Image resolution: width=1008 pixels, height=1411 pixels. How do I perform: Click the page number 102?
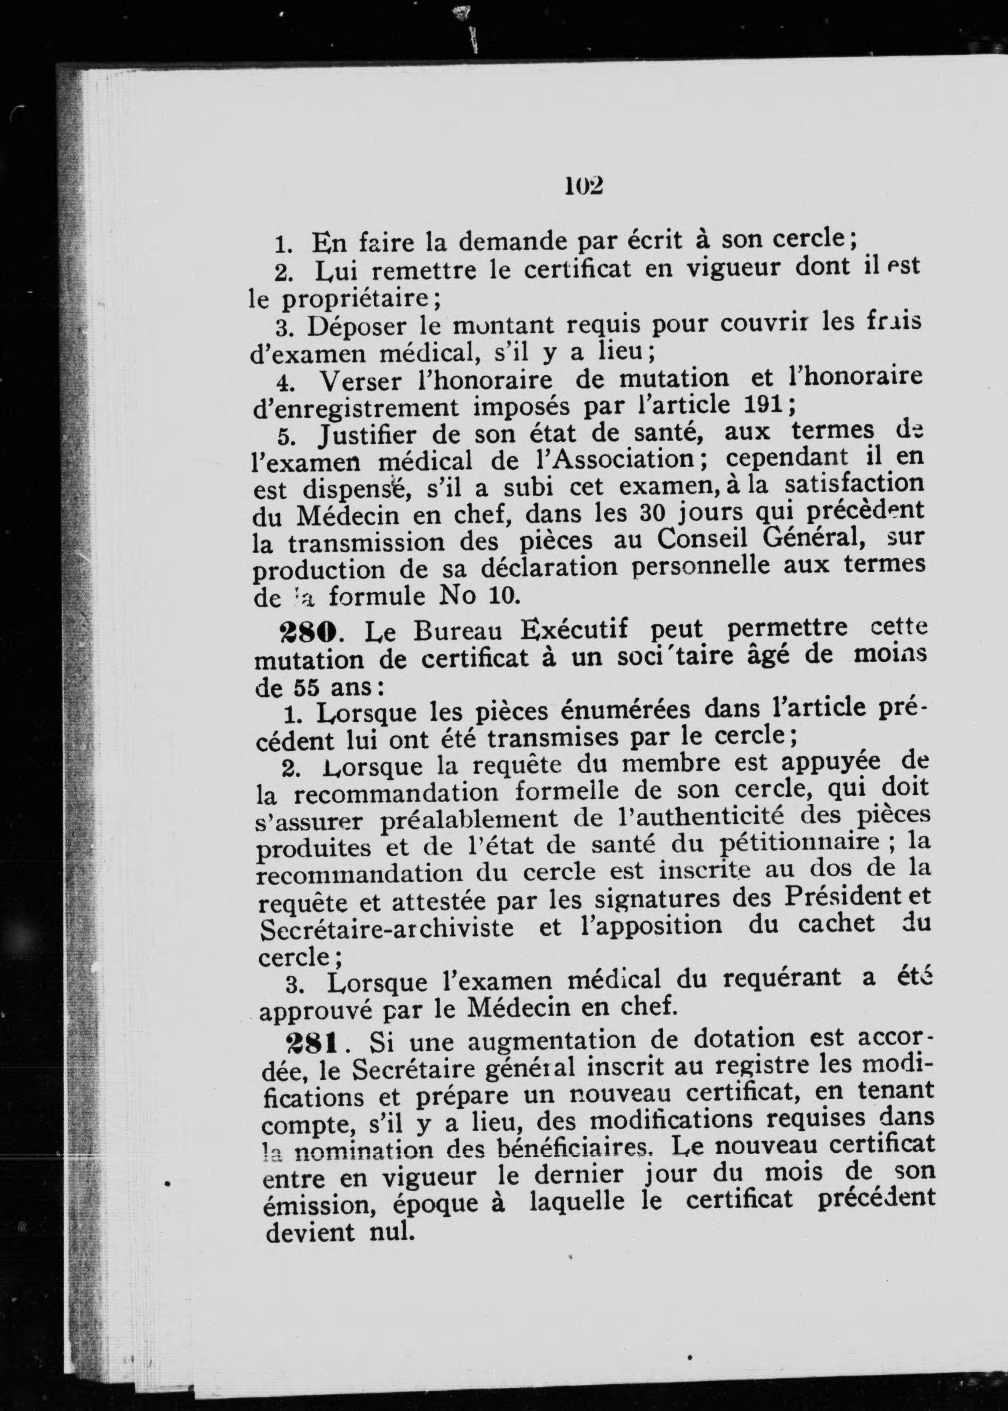584,186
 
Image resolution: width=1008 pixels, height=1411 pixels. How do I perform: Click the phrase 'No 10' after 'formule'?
477,596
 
